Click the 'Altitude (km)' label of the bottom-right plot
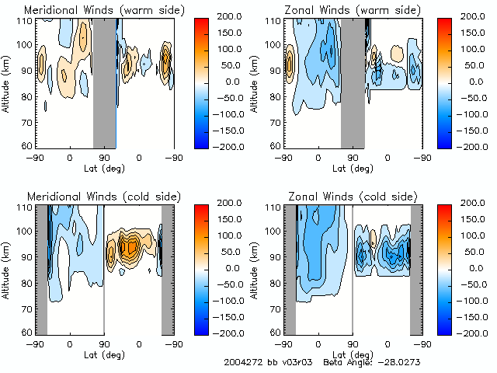click(255, 268)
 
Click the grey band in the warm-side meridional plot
click(104, 82)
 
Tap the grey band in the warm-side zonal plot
click(353, 82)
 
